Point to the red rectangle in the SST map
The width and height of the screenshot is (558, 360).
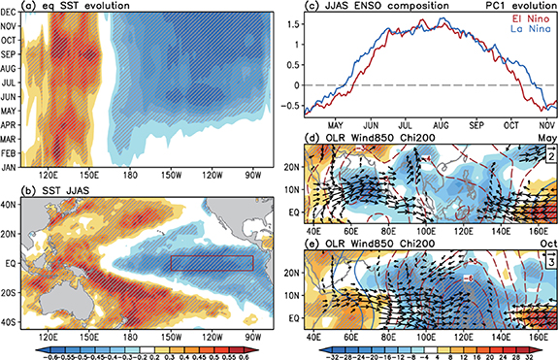(x=211, y=262)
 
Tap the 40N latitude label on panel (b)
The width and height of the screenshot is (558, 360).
(x=15, y=204)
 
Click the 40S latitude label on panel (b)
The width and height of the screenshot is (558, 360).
(x=15, y=321)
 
